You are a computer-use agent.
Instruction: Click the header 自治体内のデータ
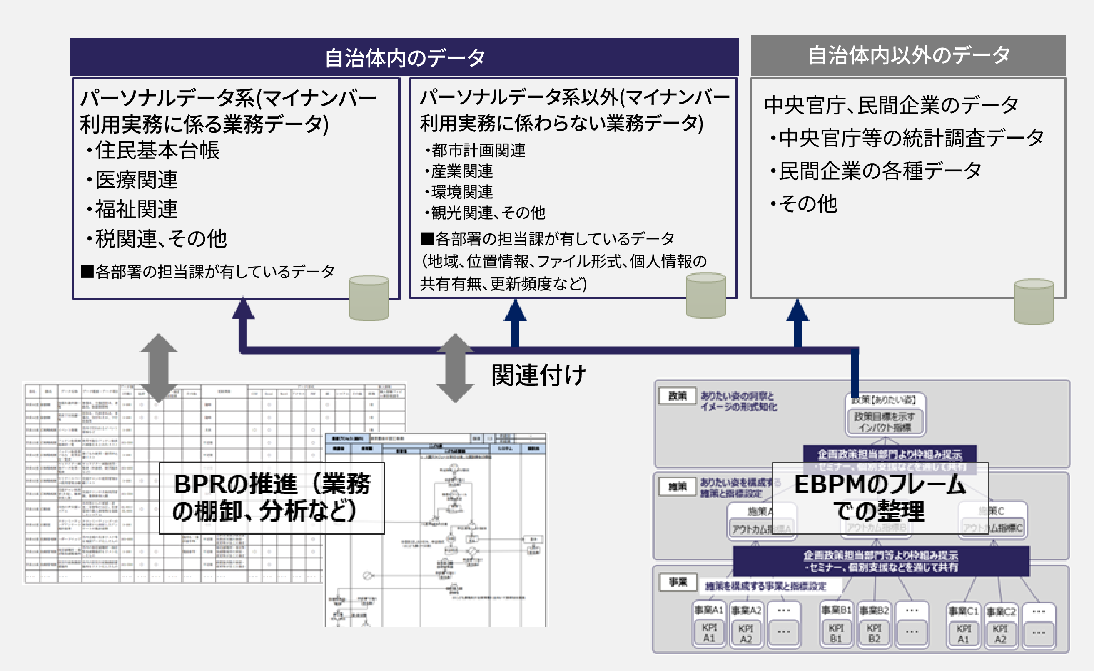404,57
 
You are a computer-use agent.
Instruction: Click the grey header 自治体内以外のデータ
908,55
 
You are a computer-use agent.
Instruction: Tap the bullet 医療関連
136,180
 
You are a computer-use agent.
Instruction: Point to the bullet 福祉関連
136,209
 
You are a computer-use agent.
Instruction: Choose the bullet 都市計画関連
478,151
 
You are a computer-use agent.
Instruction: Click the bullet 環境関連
461,192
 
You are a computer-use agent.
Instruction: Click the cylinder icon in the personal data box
369,297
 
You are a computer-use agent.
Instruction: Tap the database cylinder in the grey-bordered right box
1034,302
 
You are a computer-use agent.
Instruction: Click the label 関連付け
538,375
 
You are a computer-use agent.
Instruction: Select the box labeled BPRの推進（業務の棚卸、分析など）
272,498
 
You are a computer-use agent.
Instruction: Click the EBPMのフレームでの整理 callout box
880,498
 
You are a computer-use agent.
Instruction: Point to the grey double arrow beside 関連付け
455,368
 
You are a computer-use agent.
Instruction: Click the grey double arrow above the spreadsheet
159,368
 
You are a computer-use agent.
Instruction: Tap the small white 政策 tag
678,396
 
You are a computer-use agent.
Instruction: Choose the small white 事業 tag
678,582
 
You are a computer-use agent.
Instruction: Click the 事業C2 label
1001,612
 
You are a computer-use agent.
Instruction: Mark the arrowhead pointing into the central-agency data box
797,311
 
